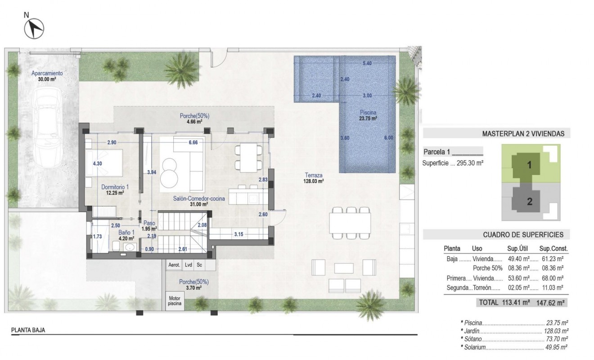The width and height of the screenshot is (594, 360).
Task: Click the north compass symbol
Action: tap(33, 29)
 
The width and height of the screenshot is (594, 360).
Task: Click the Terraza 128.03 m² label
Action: tap(314, 178)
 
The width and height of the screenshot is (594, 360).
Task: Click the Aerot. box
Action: tap(174, 265)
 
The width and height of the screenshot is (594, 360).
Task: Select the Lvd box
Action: tap(188, 265)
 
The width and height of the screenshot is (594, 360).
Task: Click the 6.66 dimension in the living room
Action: tap(193, 143)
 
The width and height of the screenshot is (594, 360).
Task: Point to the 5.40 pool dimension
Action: tap(367, 63)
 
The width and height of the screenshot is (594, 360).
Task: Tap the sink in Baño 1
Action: tap(131, 247)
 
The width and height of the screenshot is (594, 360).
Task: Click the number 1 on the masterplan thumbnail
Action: tap(530, 165)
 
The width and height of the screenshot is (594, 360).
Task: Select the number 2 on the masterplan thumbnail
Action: tap(530, 202)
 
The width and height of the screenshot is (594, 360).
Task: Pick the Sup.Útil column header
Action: tap(517, 248)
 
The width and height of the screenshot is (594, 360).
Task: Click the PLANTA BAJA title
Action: tap(28, 330)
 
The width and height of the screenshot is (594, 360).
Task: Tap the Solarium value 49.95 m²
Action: tap(556, 347)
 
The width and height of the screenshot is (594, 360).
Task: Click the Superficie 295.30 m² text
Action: tap(453, 163)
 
